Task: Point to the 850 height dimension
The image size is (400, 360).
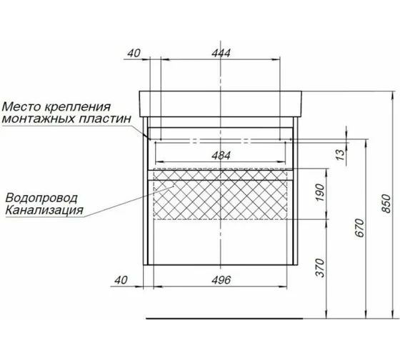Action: click(x=388, y=204)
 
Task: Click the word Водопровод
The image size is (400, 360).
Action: click(x=41, y=198)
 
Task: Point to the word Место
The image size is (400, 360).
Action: click(x=21, y=106)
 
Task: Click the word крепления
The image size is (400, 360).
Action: click(x=86, y=106)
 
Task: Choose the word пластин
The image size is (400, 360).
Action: click(x=109, y=119)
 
